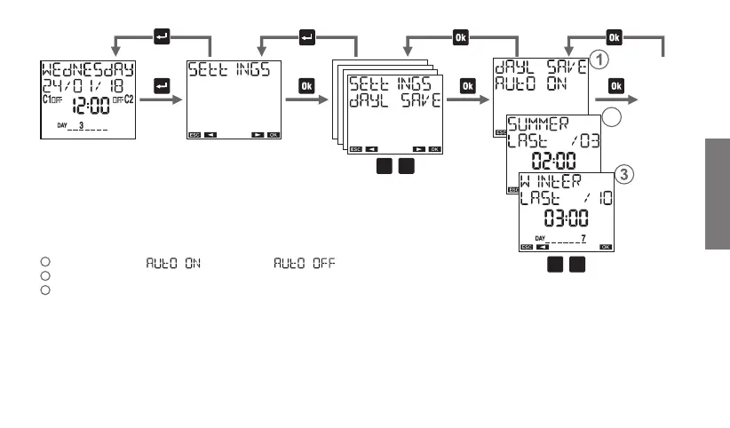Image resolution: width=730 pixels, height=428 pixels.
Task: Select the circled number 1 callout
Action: tap(599, 62)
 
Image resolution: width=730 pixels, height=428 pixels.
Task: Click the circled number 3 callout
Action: tap(624, 175)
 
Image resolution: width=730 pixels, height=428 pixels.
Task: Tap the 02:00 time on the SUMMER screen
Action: tap(553, 159)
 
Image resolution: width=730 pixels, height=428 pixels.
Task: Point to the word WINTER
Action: tap(551, 181)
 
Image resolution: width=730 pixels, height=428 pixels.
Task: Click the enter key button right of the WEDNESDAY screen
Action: tap(162, 86)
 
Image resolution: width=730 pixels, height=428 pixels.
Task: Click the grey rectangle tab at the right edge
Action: tap(717, 194)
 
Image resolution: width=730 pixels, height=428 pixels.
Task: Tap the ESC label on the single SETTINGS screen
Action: tap(194, 136)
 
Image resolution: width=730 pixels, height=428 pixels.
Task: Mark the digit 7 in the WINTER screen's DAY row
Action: tap(582, 239)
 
